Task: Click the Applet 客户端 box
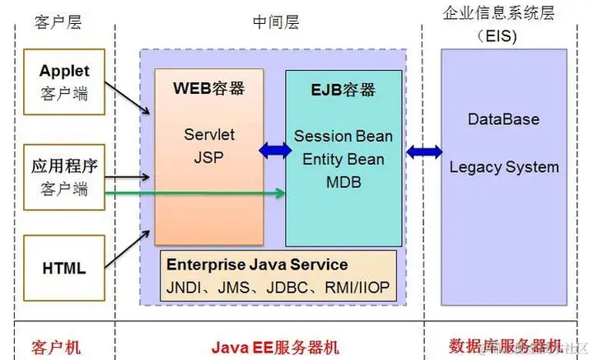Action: (64, 82)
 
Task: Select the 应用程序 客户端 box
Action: (64, 177)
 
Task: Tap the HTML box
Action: (64, 268)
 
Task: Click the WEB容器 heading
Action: (208, 87)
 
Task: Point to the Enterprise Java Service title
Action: (257, 265)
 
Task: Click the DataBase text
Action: (503, 119)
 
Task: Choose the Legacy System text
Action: (503, 167)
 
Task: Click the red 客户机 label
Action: (58, 345)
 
